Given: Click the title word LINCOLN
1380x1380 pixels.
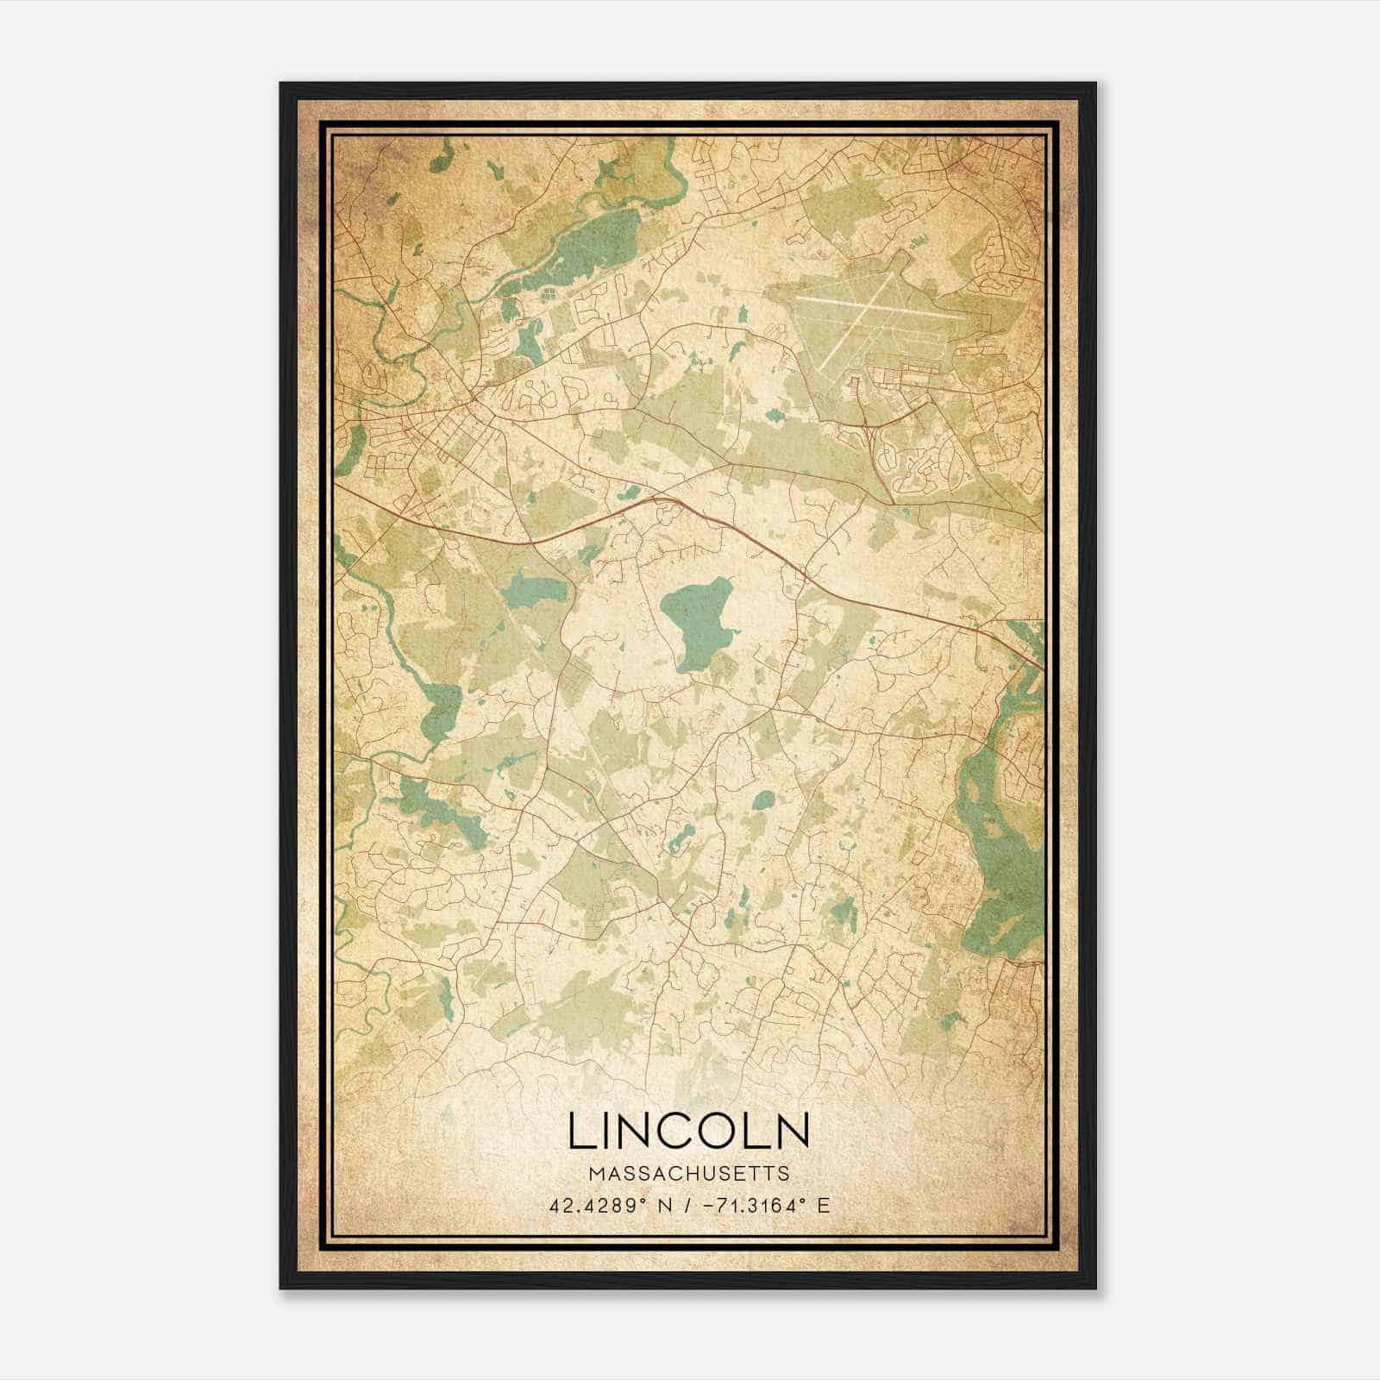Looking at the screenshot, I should (689, 1131).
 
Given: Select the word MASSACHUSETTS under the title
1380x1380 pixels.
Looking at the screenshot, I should (689, 1173).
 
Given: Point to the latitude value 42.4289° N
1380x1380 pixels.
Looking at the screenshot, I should (610, 1205).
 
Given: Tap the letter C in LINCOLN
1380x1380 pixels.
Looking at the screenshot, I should (675, 1131).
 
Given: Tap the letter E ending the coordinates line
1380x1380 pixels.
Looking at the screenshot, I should (825, 1205).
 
